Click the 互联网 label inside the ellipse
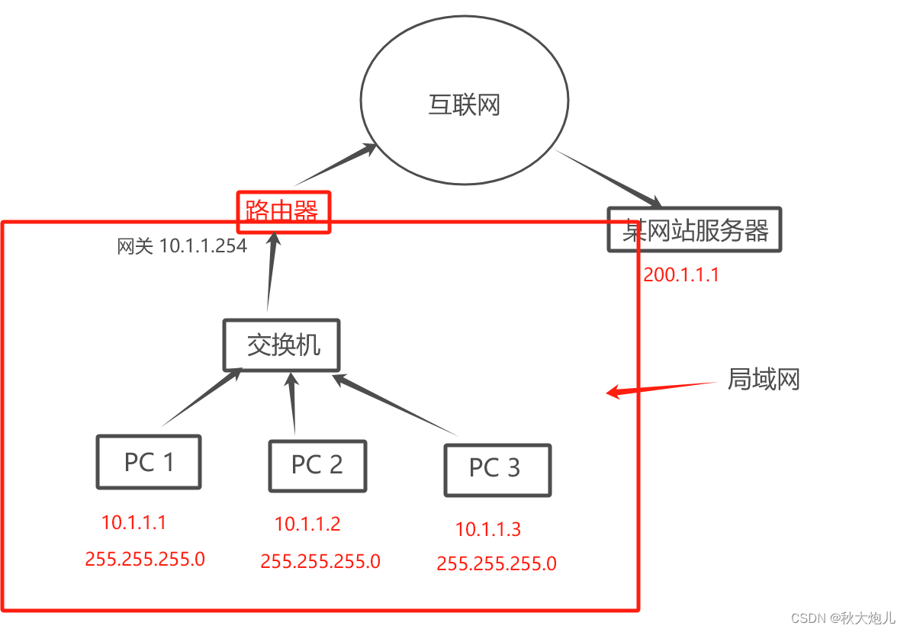click(464, 104)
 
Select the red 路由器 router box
click(283, 211)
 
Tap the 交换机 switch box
click(281, 345)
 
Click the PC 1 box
click(149, 462)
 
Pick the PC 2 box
click(317, 465)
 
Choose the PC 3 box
click(497, 469)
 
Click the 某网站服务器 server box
click(695, 229)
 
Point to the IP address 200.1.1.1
click(681, 275)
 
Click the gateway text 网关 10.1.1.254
click(182, 246)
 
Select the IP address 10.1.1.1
click(133, 522)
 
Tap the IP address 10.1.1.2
click(307, 524)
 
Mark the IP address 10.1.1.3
click(488, 529)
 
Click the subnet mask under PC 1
click(145, 559)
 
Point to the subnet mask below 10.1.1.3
click(497, 564)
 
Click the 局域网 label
click(763, 379)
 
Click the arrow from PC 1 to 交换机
click(202, 397)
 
